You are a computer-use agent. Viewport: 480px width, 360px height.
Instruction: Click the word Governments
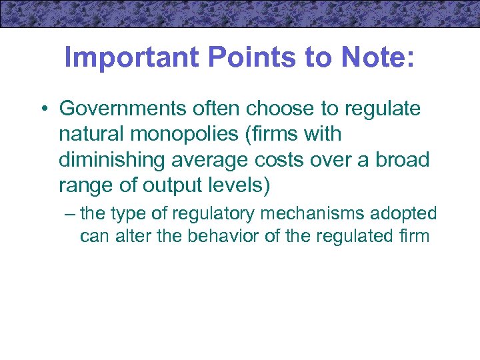coord(117,108)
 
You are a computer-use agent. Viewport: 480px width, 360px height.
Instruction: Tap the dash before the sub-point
coord(71,213)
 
